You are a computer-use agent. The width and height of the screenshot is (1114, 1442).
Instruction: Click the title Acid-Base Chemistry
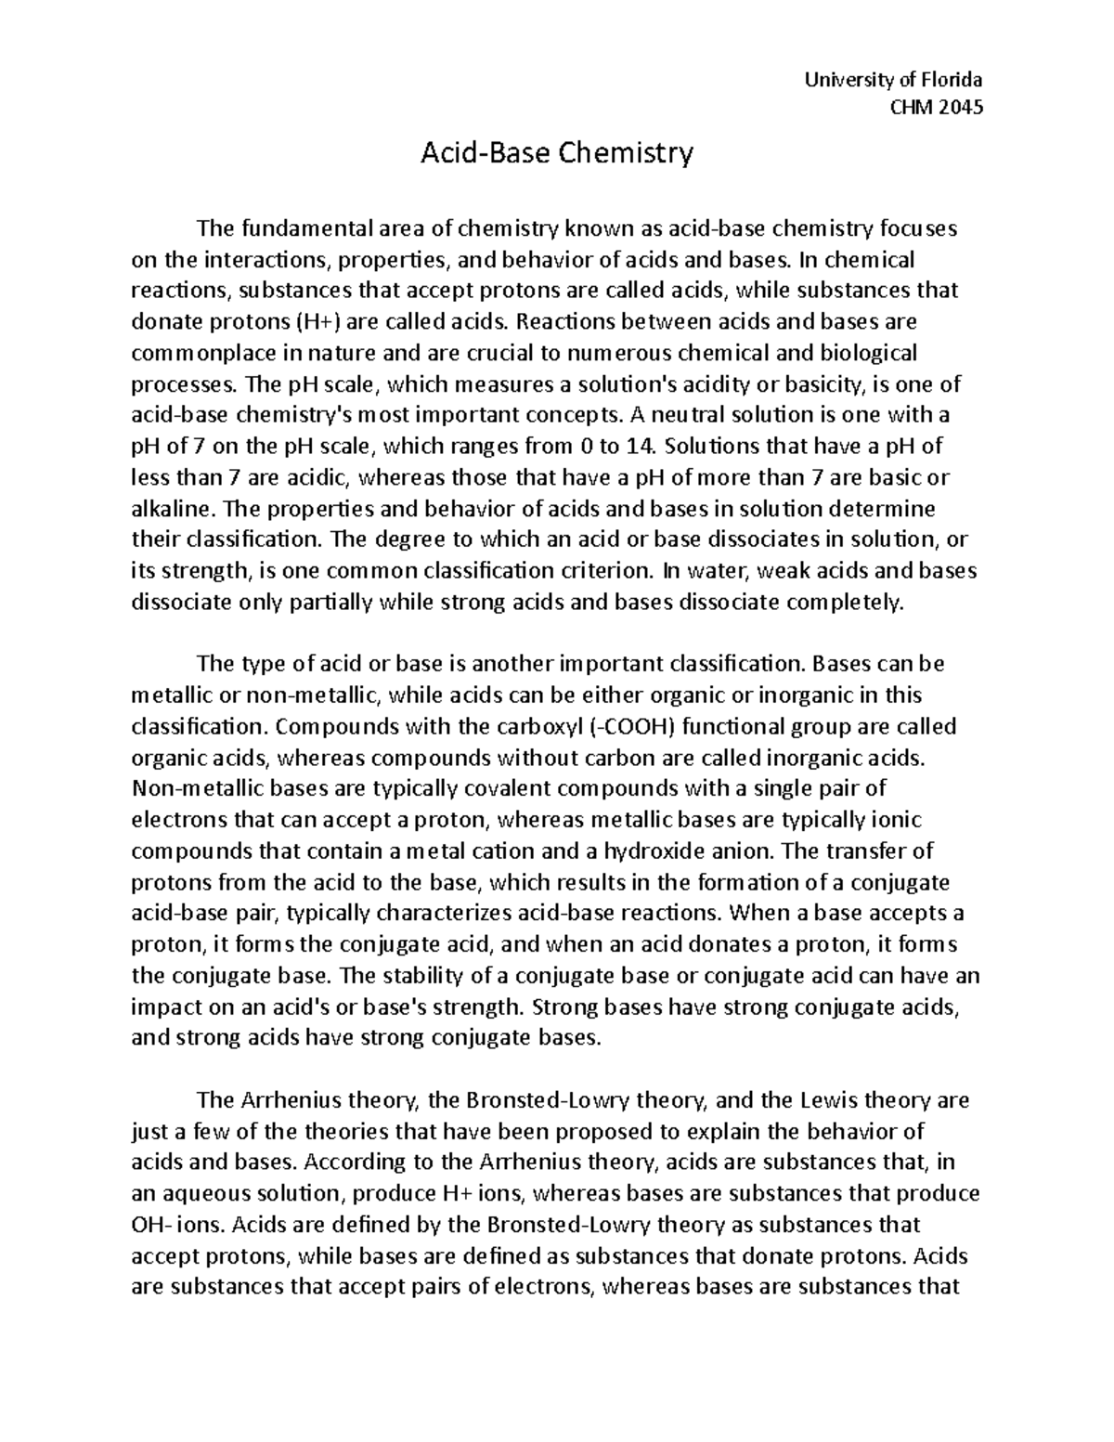557,152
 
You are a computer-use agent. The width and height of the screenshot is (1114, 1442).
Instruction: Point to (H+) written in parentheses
300,322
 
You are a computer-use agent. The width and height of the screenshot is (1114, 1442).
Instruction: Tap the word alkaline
174,510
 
